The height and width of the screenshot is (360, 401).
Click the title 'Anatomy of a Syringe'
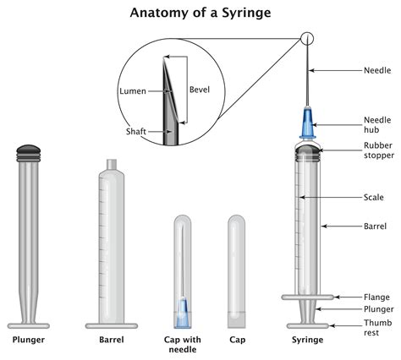[x=200, y=14]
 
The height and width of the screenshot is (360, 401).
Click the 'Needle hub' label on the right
[x=376, y=125]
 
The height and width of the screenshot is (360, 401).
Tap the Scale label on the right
[x=373, y=198]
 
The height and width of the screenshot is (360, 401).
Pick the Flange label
[x=376, y=297]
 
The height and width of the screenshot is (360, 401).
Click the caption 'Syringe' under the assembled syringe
[x=306, y=341]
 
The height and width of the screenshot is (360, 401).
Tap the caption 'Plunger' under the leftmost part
[x=28, y=341]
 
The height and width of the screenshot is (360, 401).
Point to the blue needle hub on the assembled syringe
[x=306, y=126]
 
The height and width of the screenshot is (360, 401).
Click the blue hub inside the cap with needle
[x=182, y=313]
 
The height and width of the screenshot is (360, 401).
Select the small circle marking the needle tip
[x=306, y=38]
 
